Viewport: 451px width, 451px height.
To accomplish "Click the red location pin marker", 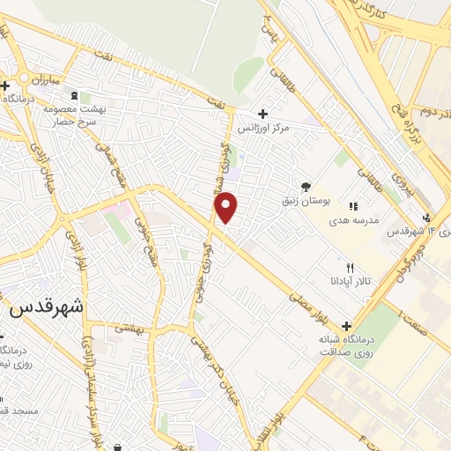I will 227,208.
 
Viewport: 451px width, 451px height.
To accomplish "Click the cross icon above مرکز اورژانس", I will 262,113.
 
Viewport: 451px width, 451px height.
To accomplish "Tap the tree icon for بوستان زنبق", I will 306,187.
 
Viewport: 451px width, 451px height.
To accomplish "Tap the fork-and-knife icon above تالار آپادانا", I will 350,268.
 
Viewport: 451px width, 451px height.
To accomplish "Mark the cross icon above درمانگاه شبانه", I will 344,325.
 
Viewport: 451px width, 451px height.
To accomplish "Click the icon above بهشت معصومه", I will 74,94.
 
